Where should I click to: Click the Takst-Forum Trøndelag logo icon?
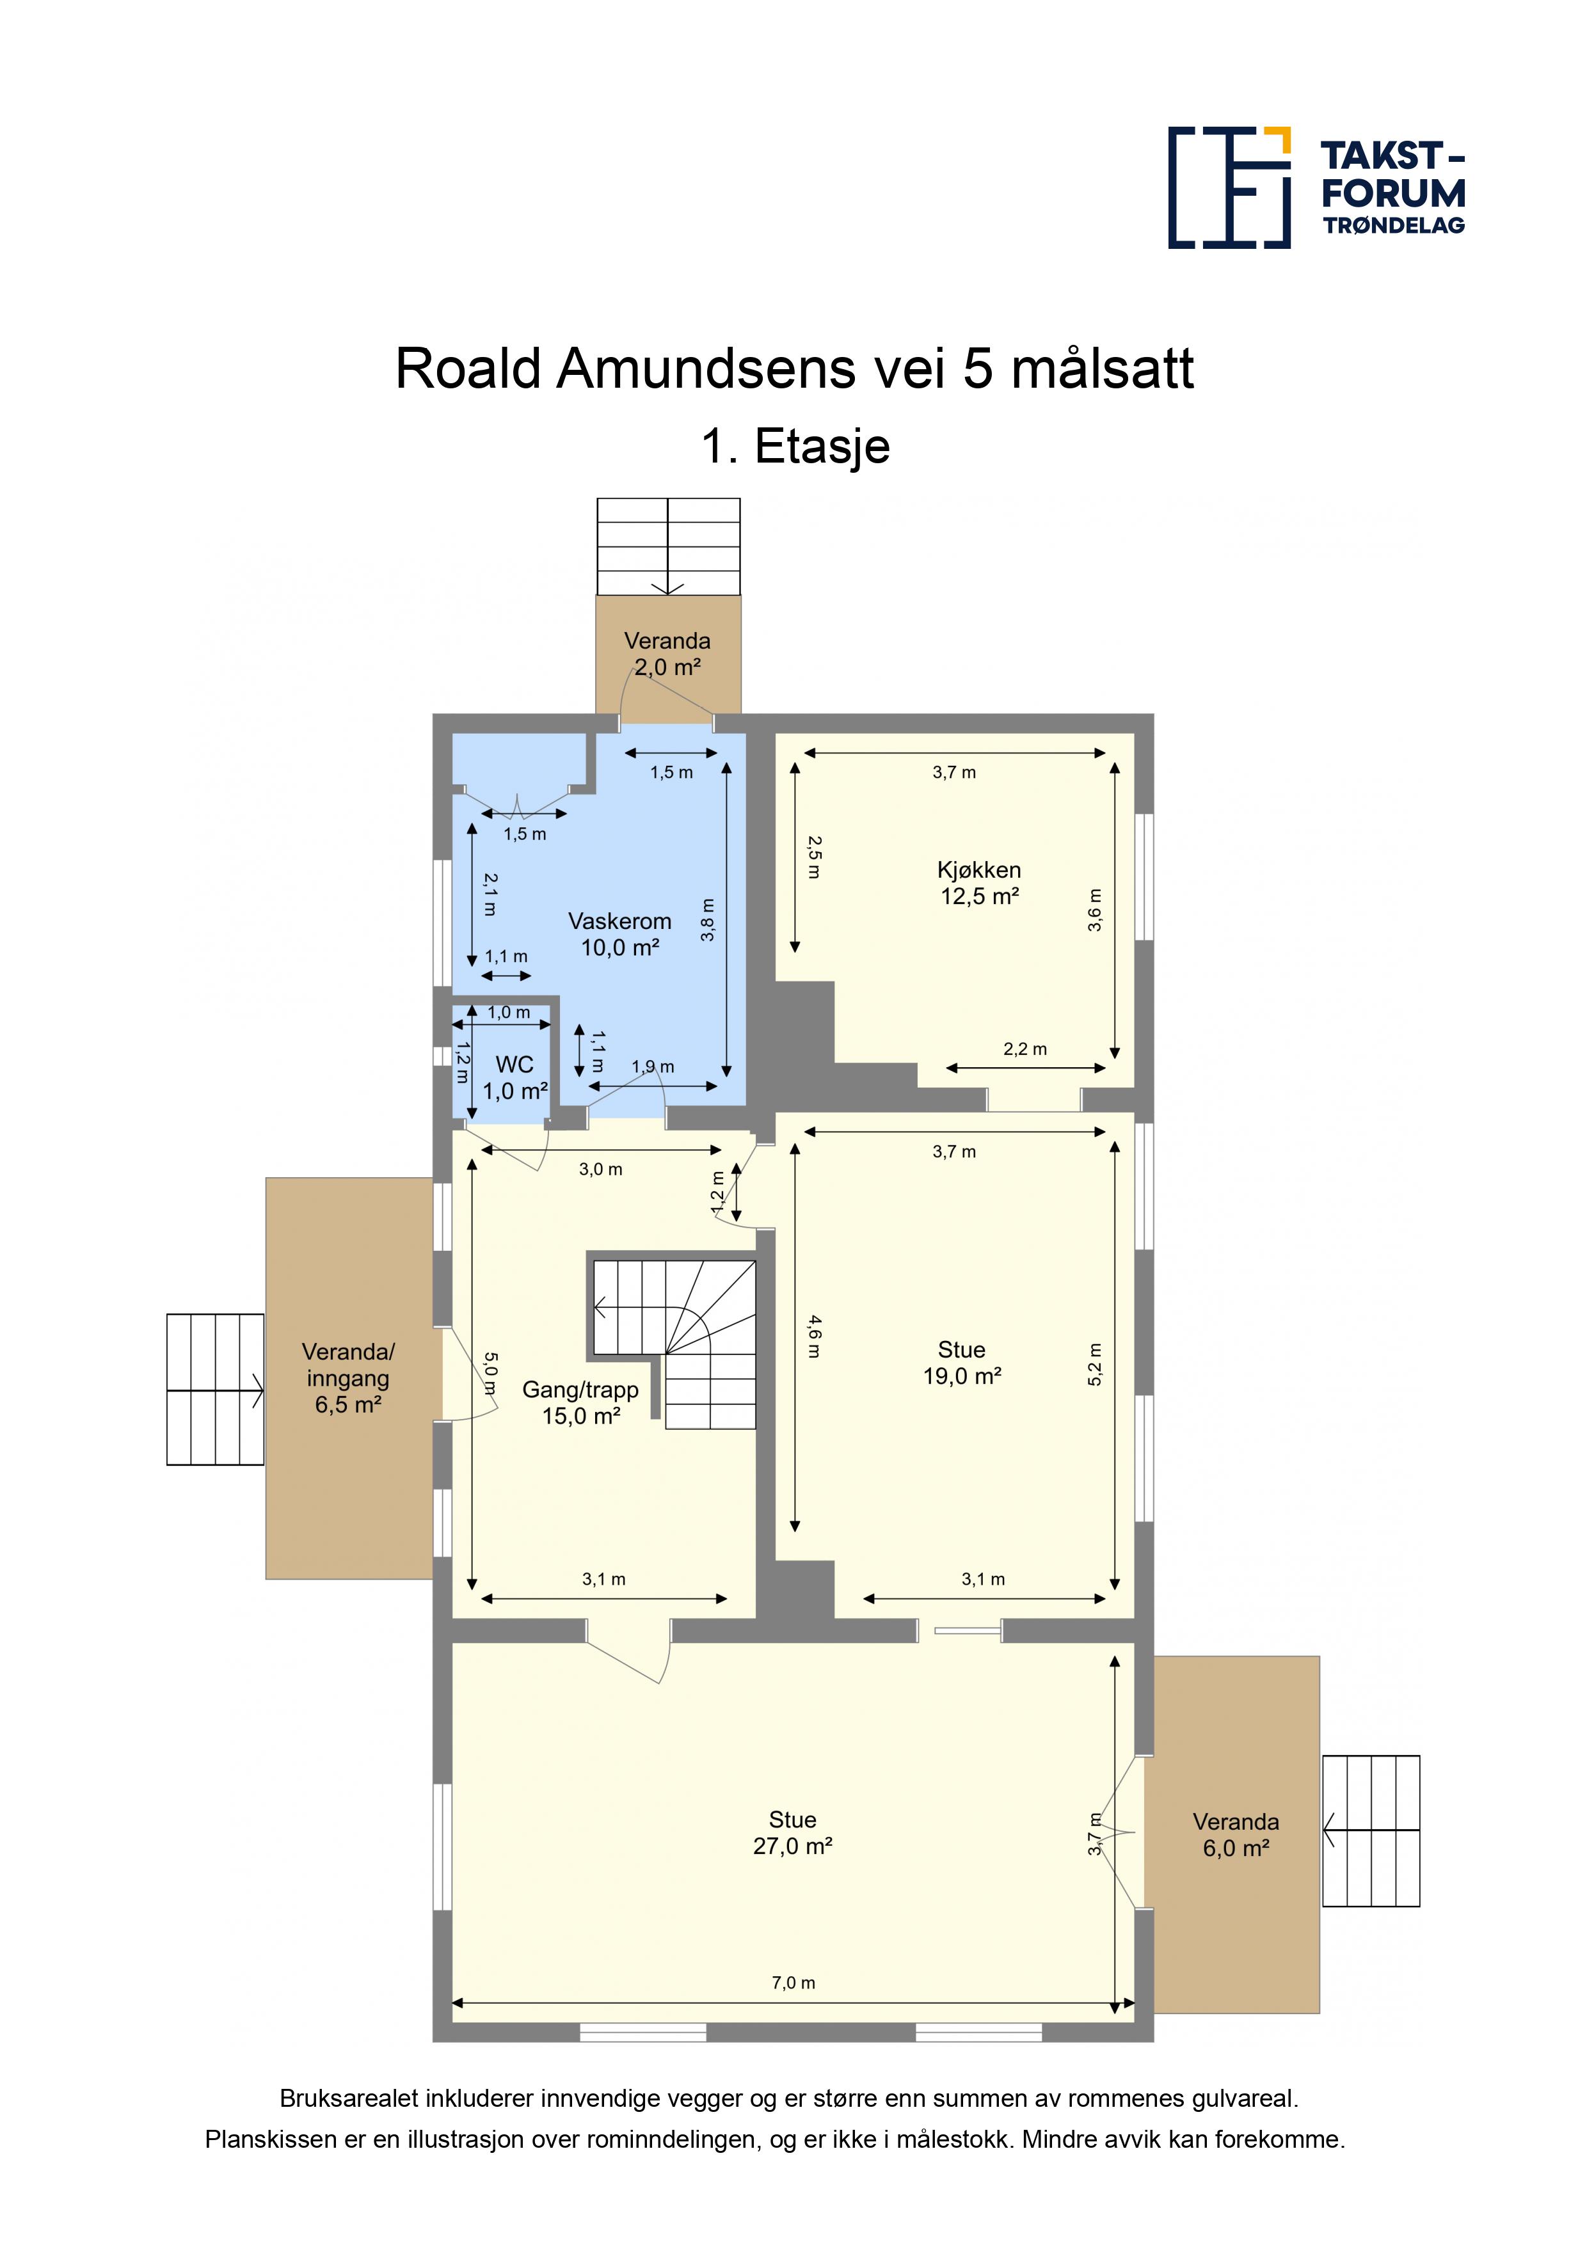(x=1229, y=187)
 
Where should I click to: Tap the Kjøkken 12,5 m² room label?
(x=979, y=883)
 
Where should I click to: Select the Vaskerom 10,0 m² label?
(x=620, y=934)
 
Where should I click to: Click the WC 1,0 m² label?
(x=515, y=1077)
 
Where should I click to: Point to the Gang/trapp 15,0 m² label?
(x=581, y=1402)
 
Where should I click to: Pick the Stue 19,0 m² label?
(x=962, y=1363)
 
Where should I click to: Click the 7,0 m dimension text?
(x=793, y=1983)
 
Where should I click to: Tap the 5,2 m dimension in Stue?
(x=1095, y=1364)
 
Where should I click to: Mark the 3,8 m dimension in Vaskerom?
(x=708, y=920)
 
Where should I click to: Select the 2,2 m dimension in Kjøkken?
(x=1025, y=1049)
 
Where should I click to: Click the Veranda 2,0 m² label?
(x=668, y=654)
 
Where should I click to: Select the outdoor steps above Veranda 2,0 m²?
(x=669, y=546)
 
